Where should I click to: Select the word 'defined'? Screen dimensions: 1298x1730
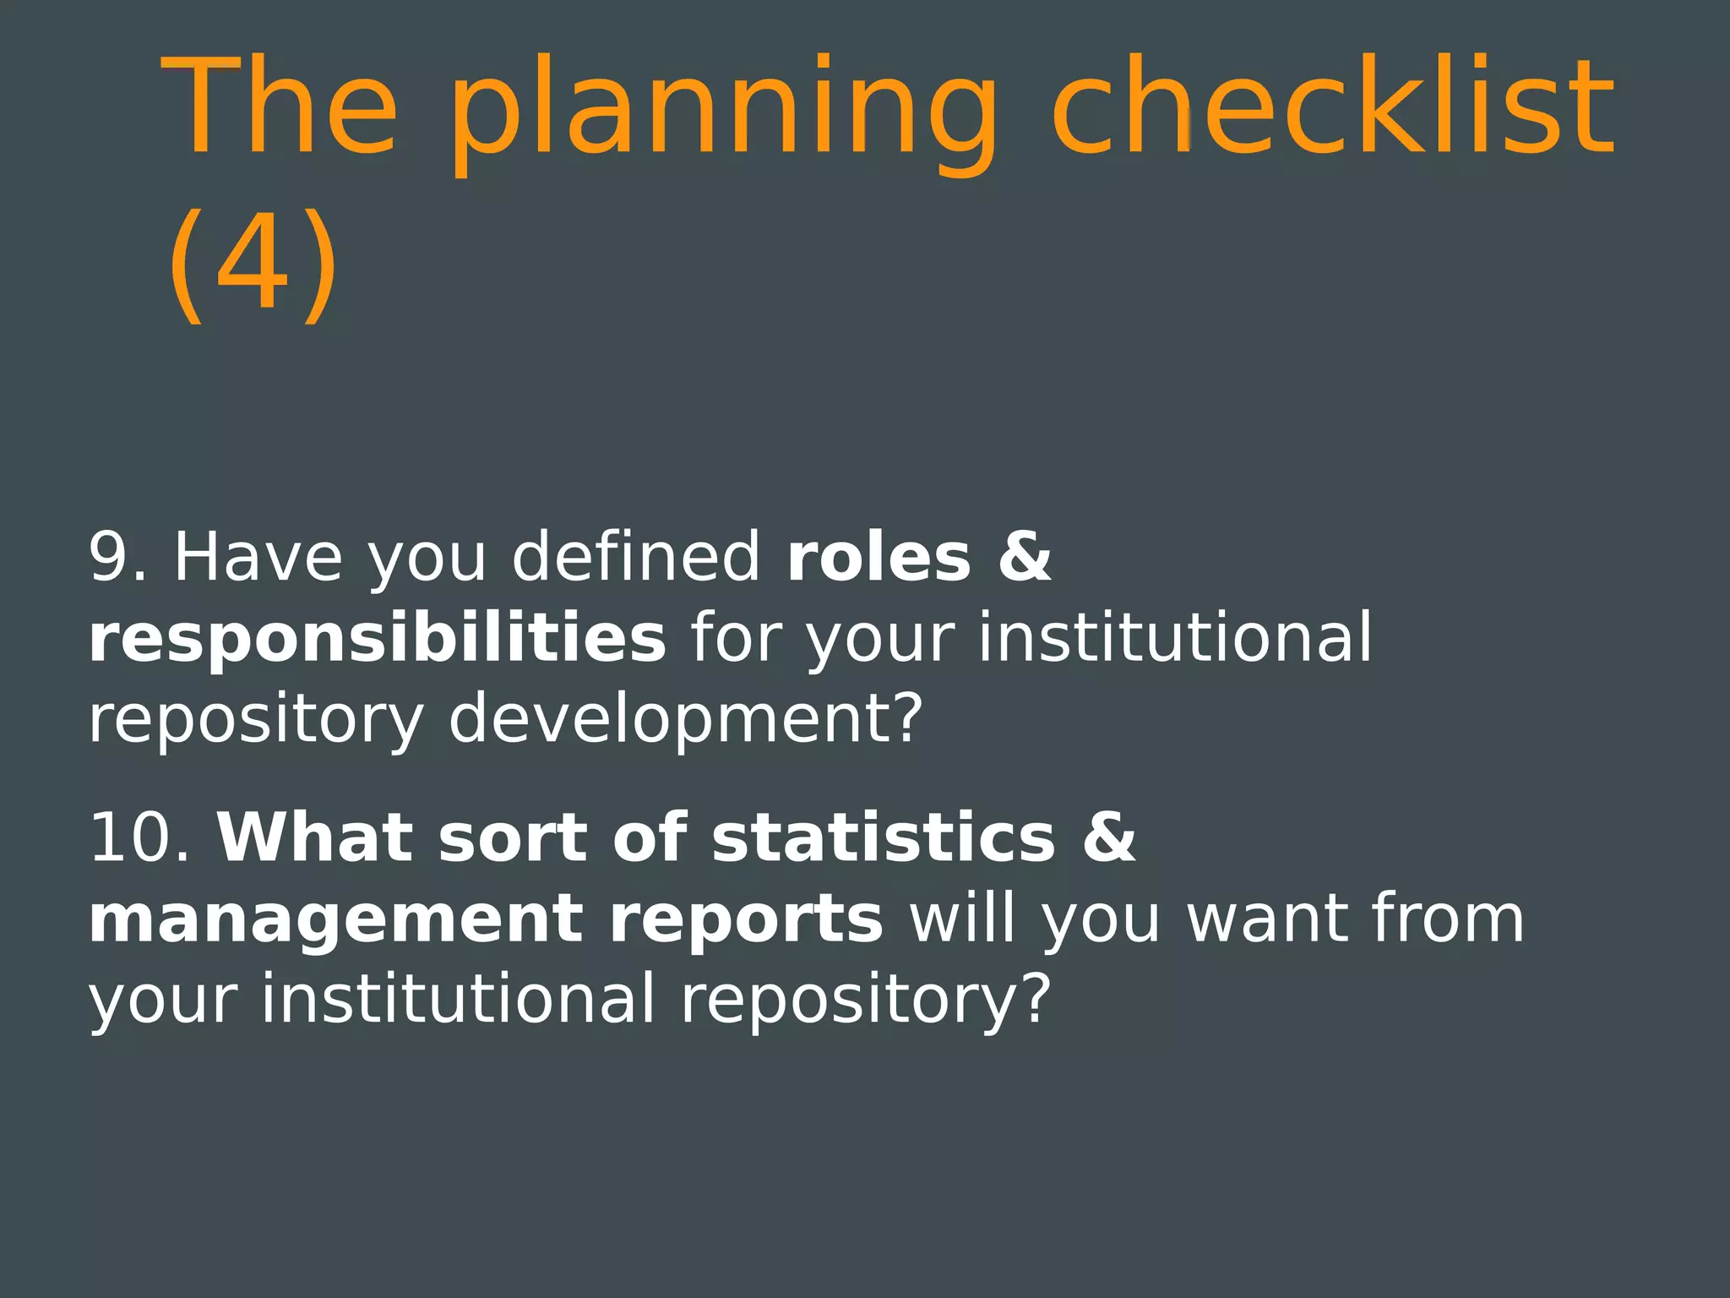[636, 558]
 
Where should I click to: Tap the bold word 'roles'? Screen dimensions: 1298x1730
[879, 558]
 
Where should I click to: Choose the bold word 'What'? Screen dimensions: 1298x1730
[315, 838]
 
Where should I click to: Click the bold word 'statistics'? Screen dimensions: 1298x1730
[884, 838]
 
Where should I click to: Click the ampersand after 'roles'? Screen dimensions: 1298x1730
[1025, 558]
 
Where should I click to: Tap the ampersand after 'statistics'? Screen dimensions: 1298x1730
[1109, 838]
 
